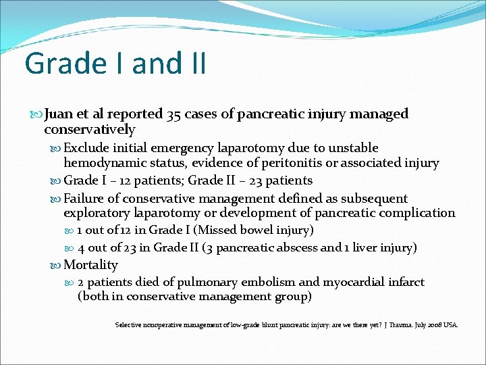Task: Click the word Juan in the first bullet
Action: (59, 114)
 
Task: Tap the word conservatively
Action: (90, 129)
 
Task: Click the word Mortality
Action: (90, 265)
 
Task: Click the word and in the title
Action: (151, 64)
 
